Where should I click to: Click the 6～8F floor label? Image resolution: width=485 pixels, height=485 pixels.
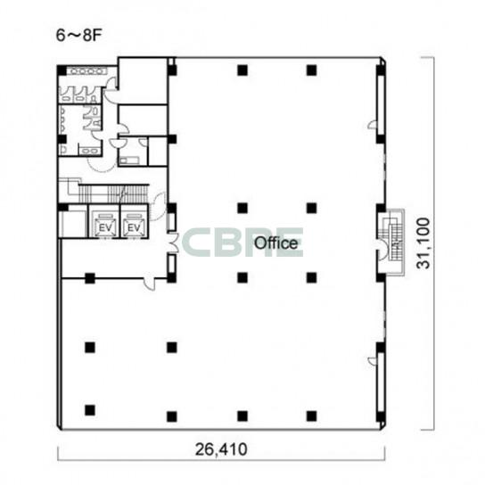(78, 36)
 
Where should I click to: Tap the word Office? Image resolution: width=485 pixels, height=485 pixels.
(275, 243)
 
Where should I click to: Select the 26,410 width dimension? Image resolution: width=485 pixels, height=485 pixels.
(221, 449)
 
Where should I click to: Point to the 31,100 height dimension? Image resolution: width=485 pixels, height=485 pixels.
(423, 243)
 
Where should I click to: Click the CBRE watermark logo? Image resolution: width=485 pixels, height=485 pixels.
(242, 242)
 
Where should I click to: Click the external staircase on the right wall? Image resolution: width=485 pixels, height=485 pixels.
(391, 242)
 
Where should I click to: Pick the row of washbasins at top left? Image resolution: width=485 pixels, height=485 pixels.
(87, 71)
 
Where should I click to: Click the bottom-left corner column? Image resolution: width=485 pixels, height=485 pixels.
(90, 410)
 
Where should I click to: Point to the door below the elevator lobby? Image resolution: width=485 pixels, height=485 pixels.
(150, 282)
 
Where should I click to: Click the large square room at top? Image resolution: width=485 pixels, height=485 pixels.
(143, 81)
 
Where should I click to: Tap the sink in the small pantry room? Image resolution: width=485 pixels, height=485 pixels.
(129, 160)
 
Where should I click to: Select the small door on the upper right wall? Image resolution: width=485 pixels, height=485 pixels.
(373, 124)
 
